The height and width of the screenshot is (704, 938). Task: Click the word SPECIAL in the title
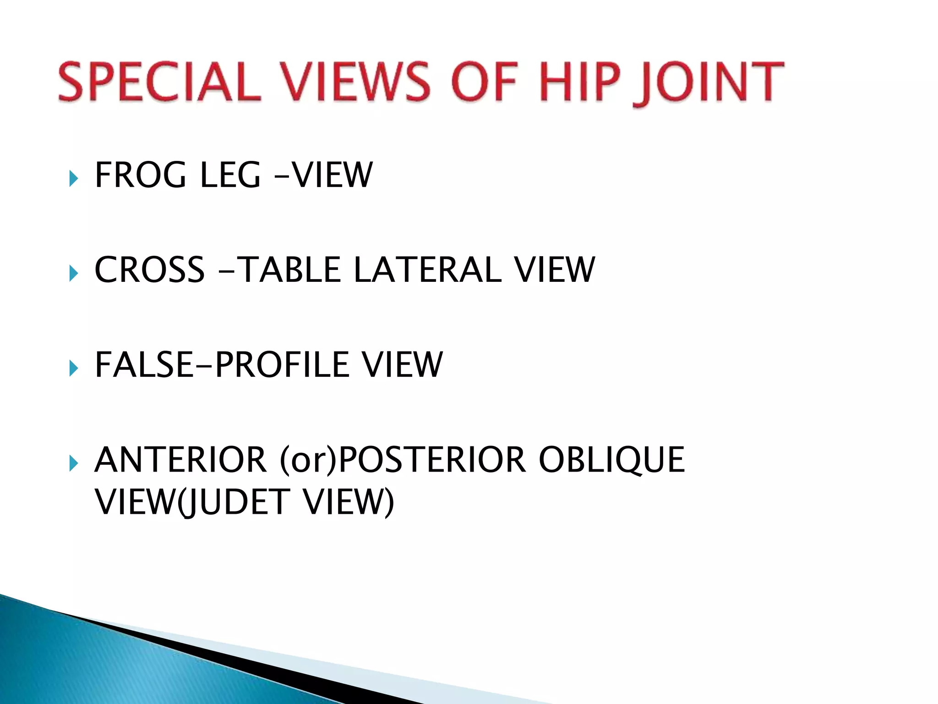(x=159, y=82)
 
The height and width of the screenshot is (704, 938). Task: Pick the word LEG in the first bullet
(x=230, y=175)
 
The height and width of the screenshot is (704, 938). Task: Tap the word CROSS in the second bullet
(x=149, y=269)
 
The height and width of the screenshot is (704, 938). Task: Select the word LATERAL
(x=428, y=269)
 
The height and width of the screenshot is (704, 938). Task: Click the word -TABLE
(x=281, y=269)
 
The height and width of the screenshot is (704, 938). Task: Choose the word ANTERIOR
(x=180, y=460)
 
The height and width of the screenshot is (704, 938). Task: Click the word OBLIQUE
(x=611, y=460)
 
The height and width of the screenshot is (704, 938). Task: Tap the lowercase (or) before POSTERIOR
(x=308, y=460)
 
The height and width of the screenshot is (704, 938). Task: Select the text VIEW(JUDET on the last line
(x=192, y=502)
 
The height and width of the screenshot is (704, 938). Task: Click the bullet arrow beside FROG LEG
(x=73, y=178)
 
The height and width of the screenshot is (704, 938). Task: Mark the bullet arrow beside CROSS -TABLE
(x=73, y=273)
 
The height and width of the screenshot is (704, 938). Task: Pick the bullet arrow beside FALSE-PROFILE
(x=73, y=368)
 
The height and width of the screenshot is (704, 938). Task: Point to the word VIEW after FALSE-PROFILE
(x=402, y=365)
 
